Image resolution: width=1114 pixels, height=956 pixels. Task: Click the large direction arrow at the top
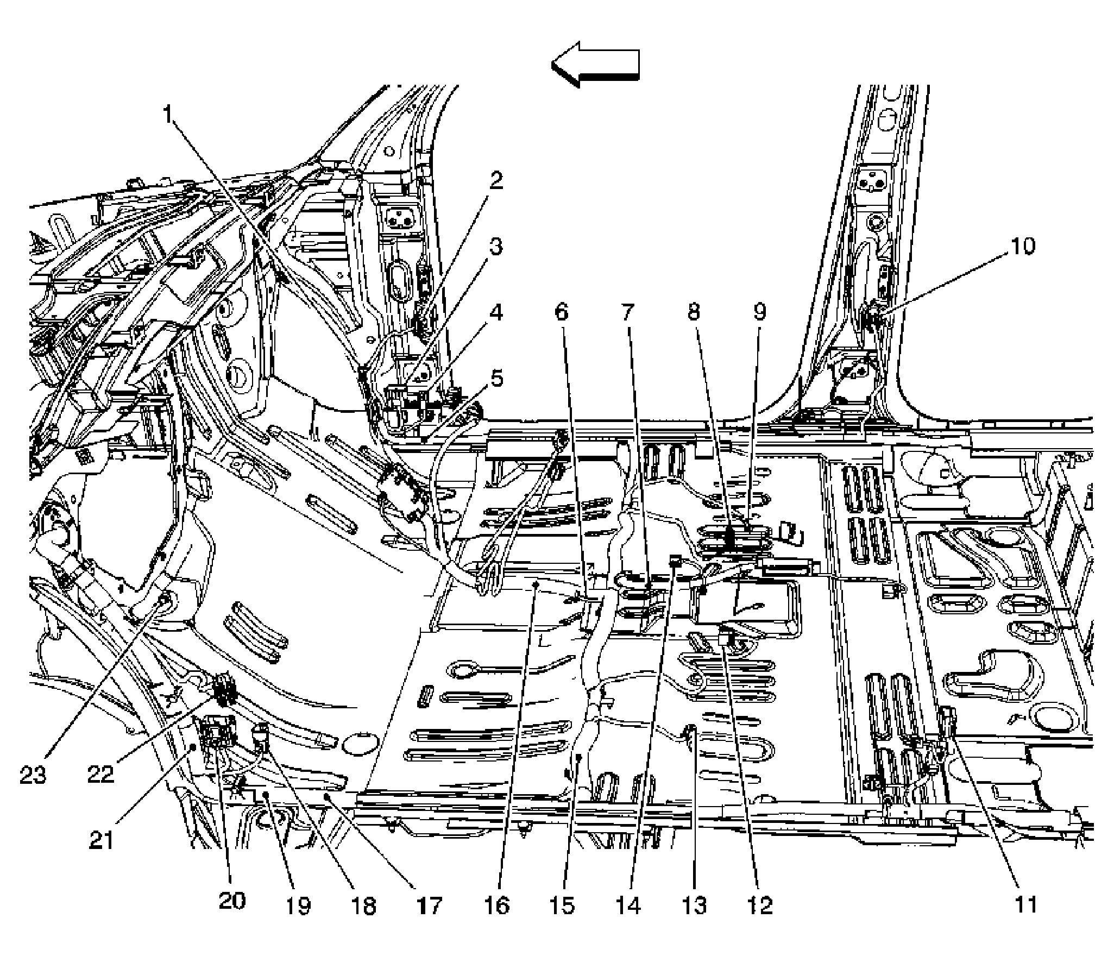pos(595,65)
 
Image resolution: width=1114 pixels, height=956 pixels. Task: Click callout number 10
pos(1023,247)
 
